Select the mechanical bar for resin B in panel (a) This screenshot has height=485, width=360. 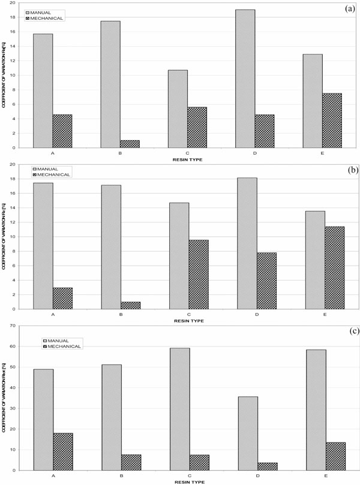click(x=130, y=144)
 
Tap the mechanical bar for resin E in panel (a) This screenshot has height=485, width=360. click(x=332, y=121)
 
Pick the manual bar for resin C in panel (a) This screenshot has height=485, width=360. click(x=178, y=109)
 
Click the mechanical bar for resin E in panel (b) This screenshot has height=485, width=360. click(x=332, y=267)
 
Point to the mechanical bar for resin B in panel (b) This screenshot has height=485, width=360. click(x=130, y=305)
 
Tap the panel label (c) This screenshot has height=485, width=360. click(x=346, y=332)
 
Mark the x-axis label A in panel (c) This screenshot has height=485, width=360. click(x=53, y=475)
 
